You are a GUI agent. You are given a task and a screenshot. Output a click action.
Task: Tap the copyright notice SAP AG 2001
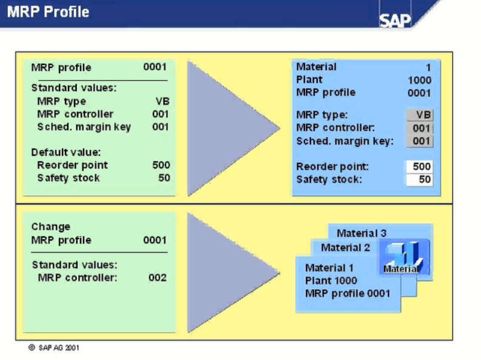pyautogui.click(x=54, y=348)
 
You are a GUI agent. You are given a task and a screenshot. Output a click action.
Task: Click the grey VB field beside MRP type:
pyautogui.click(x=420, y=115)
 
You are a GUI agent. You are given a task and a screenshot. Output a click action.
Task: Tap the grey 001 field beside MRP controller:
pyautogui.click(x=420, y=128)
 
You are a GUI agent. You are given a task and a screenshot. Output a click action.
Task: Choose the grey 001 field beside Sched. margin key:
pyautogui.click(x=420, y=141)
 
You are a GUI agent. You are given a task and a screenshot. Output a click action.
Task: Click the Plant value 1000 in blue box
pyautogui.click(x=419, y=80)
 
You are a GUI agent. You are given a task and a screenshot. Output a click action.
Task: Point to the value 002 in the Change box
pyautogui.click(x=158, y=278)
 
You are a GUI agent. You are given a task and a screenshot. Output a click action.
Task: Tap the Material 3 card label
pyautogui.click(x=362, y=233)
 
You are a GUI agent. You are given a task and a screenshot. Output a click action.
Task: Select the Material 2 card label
pyautogui.click(x=345, y=247)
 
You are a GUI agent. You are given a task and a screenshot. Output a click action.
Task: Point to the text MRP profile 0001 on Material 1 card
pyautogui.click(x=348, y=294)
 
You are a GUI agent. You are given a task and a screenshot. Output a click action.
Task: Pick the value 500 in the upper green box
pyautogui.click(x=161, y=165)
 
